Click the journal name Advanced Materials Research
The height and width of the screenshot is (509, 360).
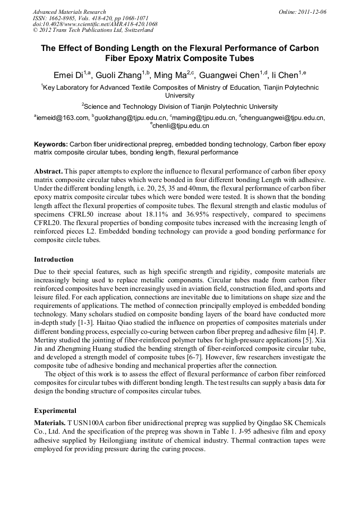click(69, 11)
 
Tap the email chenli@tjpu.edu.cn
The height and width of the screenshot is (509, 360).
click(181, 126)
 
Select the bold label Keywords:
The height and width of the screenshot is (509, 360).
click(51, 144)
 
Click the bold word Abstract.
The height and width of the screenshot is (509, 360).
click(49, 172)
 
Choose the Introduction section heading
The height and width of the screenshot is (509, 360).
click(54, 260)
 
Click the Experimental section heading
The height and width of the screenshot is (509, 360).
click(55, 410)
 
